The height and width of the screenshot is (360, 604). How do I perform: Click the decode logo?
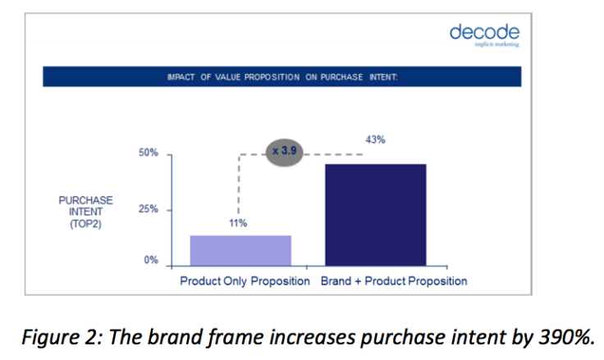point(484,33)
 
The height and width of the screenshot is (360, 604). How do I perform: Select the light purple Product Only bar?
point(240,250)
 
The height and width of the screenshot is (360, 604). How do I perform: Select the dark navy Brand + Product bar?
point(375,215)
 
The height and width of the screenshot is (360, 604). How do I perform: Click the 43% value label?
point(375,140)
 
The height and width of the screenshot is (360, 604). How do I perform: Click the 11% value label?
point(238,223)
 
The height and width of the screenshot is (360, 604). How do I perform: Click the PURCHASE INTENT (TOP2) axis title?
point(85,211)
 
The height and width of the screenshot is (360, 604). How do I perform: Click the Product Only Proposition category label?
point(245,281)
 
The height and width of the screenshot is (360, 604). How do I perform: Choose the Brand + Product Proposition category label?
point(394,281)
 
